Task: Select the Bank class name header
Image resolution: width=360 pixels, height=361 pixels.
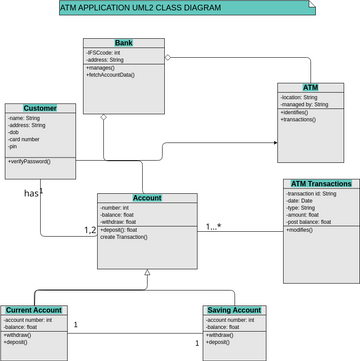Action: tap(123, 44)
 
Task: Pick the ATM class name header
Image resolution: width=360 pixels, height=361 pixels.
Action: tap(310, 88)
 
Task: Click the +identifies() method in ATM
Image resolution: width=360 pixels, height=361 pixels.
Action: tap(296, 112)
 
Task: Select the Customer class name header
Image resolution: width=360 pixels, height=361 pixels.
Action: tap(40, 108)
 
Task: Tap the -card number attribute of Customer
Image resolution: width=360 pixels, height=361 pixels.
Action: tap(26, 139)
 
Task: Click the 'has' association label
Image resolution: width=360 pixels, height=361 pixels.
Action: tap(33, 192)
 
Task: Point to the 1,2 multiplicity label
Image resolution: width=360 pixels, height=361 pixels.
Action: tap(89, 230)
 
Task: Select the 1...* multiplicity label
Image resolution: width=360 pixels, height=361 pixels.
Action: tap(213, 226)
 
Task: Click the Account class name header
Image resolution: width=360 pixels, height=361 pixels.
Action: tap(147, 198)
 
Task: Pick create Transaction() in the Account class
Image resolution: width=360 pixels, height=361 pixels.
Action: tap(124, 237)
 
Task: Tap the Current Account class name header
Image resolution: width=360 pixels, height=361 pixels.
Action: tap(34, 310)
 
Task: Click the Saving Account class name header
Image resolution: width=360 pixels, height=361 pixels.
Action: tap(234, 310)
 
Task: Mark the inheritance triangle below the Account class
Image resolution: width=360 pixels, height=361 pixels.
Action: tap(147, 272)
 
